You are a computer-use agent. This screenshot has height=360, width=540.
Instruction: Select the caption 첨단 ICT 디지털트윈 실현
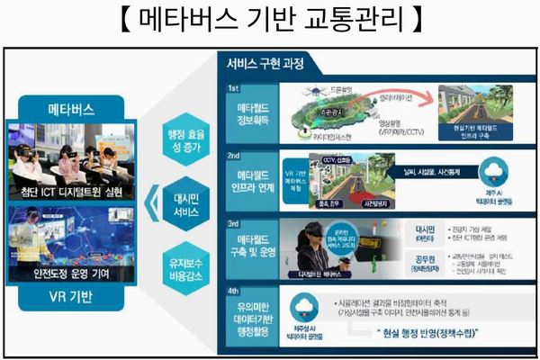click(70, 192)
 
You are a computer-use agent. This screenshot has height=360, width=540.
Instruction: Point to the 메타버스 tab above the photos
click(69, 110)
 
